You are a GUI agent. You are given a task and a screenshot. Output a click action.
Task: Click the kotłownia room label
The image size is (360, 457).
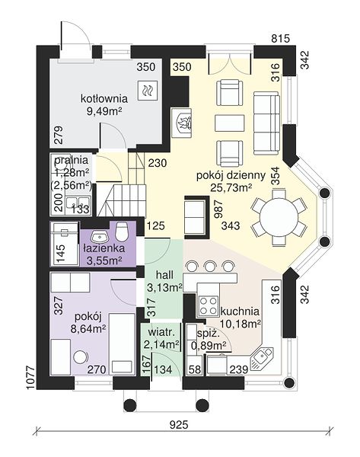coord(104,98)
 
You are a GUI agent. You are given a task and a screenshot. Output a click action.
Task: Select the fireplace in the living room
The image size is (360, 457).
coord(181,123)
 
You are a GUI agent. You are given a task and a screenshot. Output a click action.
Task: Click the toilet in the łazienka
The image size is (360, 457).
coord(122,232)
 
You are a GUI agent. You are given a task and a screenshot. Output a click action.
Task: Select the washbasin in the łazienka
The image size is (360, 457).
coord(100,236)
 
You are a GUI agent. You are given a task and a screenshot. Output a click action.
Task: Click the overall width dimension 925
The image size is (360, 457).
coord(179,425)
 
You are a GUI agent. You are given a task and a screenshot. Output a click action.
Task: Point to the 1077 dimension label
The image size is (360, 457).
coord(30,378)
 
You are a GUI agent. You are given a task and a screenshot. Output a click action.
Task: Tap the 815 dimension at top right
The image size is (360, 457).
coord(281,38)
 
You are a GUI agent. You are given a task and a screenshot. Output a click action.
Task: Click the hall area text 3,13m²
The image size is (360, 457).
coord(164,288)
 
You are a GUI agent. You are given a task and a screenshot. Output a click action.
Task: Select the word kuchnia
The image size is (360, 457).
coord(240,312)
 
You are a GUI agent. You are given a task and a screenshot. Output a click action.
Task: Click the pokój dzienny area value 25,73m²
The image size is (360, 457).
coord(231,188)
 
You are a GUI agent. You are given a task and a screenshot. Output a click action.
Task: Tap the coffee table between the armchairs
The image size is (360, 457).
coord(230,123)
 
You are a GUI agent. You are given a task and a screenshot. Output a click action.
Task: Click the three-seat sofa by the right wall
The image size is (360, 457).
coord(266,123)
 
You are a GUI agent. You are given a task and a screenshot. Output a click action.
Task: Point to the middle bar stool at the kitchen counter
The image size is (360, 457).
coord(209,267)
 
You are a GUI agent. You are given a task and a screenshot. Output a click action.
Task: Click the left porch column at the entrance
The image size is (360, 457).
coord(130,405)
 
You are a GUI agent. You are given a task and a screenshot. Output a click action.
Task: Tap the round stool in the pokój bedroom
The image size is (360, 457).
coord(81,356)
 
